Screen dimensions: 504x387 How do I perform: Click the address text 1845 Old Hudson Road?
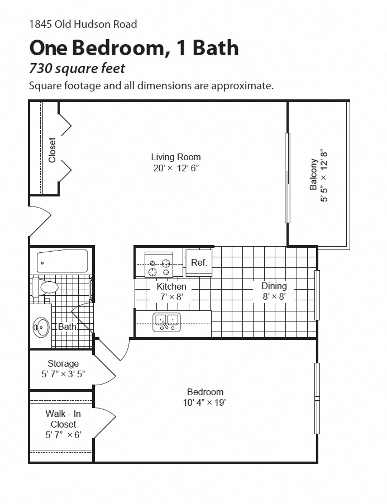click(83, 24)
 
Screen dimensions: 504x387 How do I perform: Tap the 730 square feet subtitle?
click(77, 69)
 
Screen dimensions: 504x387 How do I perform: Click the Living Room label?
click(176, 157)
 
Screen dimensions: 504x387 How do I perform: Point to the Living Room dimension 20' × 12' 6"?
click(176, 168)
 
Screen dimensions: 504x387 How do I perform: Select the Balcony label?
click(313, 175)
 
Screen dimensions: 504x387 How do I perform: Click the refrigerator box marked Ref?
click(199, 262)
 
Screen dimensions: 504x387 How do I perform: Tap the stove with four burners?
click(159, 265)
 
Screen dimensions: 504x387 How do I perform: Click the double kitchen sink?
click(166, 321)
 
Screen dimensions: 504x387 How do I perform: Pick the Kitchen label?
click(171, 286)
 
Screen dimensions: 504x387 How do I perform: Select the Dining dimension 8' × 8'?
click(274, 297)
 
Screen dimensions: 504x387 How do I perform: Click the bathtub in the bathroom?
click(62, 260)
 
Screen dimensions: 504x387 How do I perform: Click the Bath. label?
click(68, 327)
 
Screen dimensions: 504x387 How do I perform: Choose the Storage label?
click(63, 363)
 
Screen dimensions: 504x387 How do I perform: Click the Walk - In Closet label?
click(63, 419)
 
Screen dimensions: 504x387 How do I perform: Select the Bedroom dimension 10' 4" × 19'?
click(205, 402)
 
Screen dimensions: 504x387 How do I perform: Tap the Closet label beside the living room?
click(52, 150)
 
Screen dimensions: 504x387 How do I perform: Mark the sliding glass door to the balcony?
click(288, 177)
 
